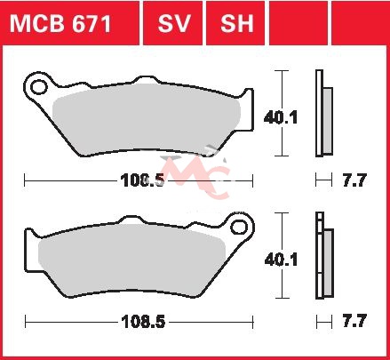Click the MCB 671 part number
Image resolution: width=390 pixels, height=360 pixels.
coord(60,24)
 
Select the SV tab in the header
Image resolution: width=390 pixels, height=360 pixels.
coord(173,24)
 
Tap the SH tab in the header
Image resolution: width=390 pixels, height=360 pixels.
coord(237,24)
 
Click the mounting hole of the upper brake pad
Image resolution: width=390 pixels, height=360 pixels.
coord(39,87)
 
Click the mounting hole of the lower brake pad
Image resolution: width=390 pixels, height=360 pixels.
coord(239,228)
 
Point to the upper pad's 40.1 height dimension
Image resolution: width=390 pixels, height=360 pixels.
coord(280,118)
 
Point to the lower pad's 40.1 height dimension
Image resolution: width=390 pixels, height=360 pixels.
coord(281,260)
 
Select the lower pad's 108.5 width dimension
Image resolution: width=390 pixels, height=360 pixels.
coord(143,322)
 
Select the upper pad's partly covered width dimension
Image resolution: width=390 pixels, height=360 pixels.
coord(142,180)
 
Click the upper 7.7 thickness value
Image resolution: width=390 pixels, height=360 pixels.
coord(354,180)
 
